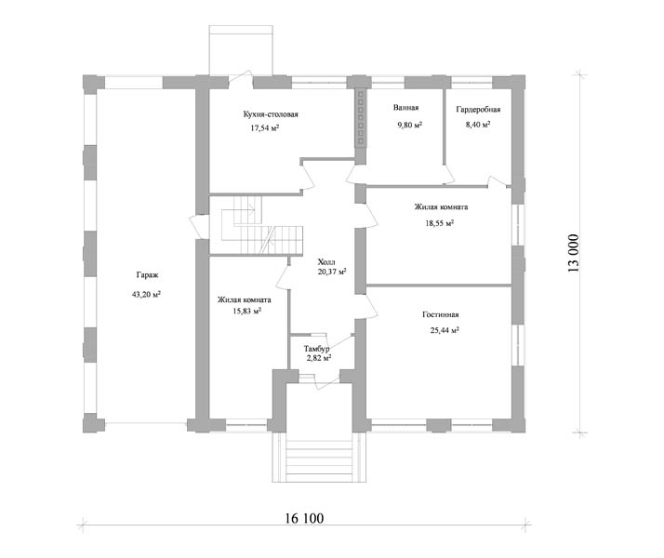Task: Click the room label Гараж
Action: coord(147,275)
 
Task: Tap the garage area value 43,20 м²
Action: coord(147,295)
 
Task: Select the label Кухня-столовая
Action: coord(271,114)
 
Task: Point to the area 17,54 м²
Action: coord(265,128)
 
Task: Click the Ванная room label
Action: coord(405,108)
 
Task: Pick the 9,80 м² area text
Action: coord(409,125)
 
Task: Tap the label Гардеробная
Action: coord(478,110)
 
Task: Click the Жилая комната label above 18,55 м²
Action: coord(441,207)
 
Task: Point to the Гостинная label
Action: coord(441,315)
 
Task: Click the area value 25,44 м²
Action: coord(445,331)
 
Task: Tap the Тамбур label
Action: coord(316,349)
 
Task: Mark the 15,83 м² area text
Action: coord(246,312)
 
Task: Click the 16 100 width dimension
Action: coord(304,518)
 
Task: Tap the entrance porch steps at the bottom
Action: coord(320,459)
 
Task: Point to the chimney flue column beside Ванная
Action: coord(361,117)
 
